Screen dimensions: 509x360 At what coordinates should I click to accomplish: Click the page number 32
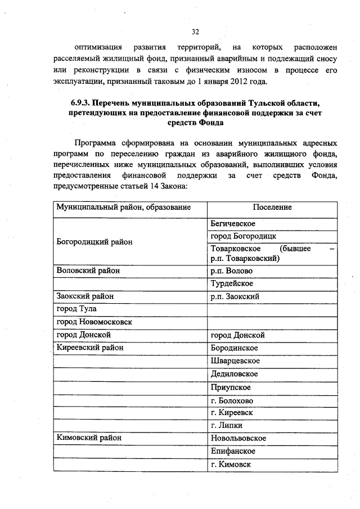pyautogui.click(x=195, y=31)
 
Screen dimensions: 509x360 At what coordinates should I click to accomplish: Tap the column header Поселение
pyautogui.click(x=272, y=208)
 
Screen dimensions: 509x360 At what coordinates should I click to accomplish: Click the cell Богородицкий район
pyautogui.click(x=95, y=242)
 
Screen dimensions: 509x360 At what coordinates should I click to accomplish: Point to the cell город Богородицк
pyautogui.click(x=243, y=236)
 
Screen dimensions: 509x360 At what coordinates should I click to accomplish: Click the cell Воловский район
pyautogui.click(x=88, y=271)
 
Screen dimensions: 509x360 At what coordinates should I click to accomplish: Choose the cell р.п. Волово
pyautogui.click(x=231, y=271)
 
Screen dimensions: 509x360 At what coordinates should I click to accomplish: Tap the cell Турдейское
pyautogui.click(x=232, y=283)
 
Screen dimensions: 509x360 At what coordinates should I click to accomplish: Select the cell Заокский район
pyautogui.click(x=85, y=296)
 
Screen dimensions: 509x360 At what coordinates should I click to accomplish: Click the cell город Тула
pyautogui.click(x=77, y=309)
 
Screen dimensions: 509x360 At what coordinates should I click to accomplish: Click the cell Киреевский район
pyautogui.click(x=90, y=348)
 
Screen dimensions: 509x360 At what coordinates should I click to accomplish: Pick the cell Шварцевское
pyautogui.click(x=235, y=361)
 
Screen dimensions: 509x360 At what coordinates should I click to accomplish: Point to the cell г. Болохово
pyautogui.click(x=232, y=400)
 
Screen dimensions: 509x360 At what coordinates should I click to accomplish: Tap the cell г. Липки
pyautogui.click(x=226, y=426)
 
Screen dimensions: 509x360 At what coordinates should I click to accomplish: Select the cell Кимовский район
pyautogui.click(x=89, y=438)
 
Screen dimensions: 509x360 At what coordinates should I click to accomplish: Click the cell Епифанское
pyautogui.click(x=233, y=451)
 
